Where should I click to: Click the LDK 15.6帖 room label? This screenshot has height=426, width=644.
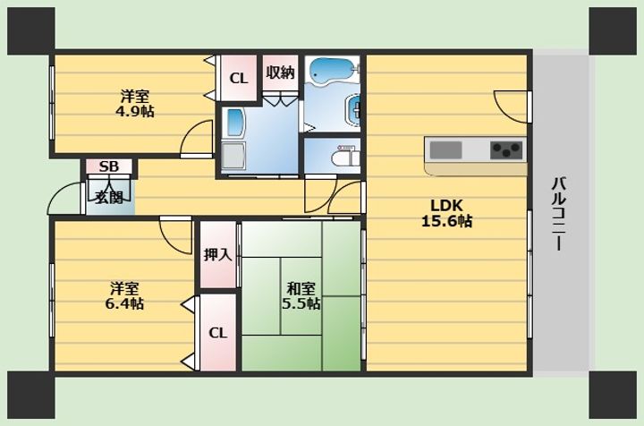coord(447,213)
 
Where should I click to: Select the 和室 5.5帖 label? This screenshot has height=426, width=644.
coord(301,295)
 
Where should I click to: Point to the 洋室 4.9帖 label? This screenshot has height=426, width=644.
coord(135,104)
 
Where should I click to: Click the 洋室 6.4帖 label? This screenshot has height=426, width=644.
coord(124,295)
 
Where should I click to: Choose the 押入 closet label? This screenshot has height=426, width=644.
coord(218,255)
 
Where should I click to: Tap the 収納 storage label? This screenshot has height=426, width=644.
coord(280,72)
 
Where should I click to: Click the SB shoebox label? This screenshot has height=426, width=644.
coord(109,166)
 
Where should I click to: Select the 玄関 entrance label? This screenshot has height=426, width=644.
coord(109,198)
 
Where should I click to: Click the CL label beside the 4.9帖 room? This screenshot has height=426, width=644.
coord(239,78)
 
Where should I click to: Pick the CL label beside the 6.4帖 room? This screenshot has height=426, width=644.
coord(217,333)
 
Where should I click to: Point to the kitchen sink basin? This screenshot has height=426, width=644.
coord(445,150)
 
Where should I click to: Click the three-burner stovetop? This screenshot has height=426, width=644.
coord(506,150)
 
